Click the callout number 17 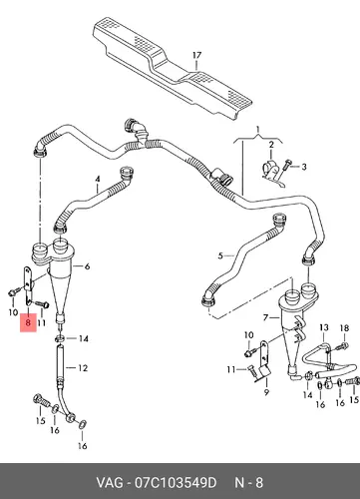coord(196,55)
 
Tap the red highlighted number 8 coord(28,322)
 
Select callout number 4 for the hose coord(98,180)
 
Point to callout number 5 coord(220,255)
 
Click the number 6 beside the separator coord(87,266)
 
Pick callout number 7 coord(265,318)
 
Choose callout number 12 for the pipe coord(83,368)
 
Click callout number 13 coord(324,327)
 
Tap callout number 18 coord(344,328)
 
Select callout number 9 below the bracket coord(266,392)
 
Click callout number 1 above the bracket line coord(257,129)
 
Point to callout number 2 coord(271,145)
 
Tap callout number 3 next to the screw coord(304,167)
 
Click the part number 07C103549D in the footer coord(176,482)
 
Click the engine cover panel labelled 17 coord(172,68)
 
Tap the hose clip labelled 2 coord(273,174)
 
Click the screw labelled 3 coord(286,167)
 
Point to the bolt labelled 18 coord(342,346)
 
